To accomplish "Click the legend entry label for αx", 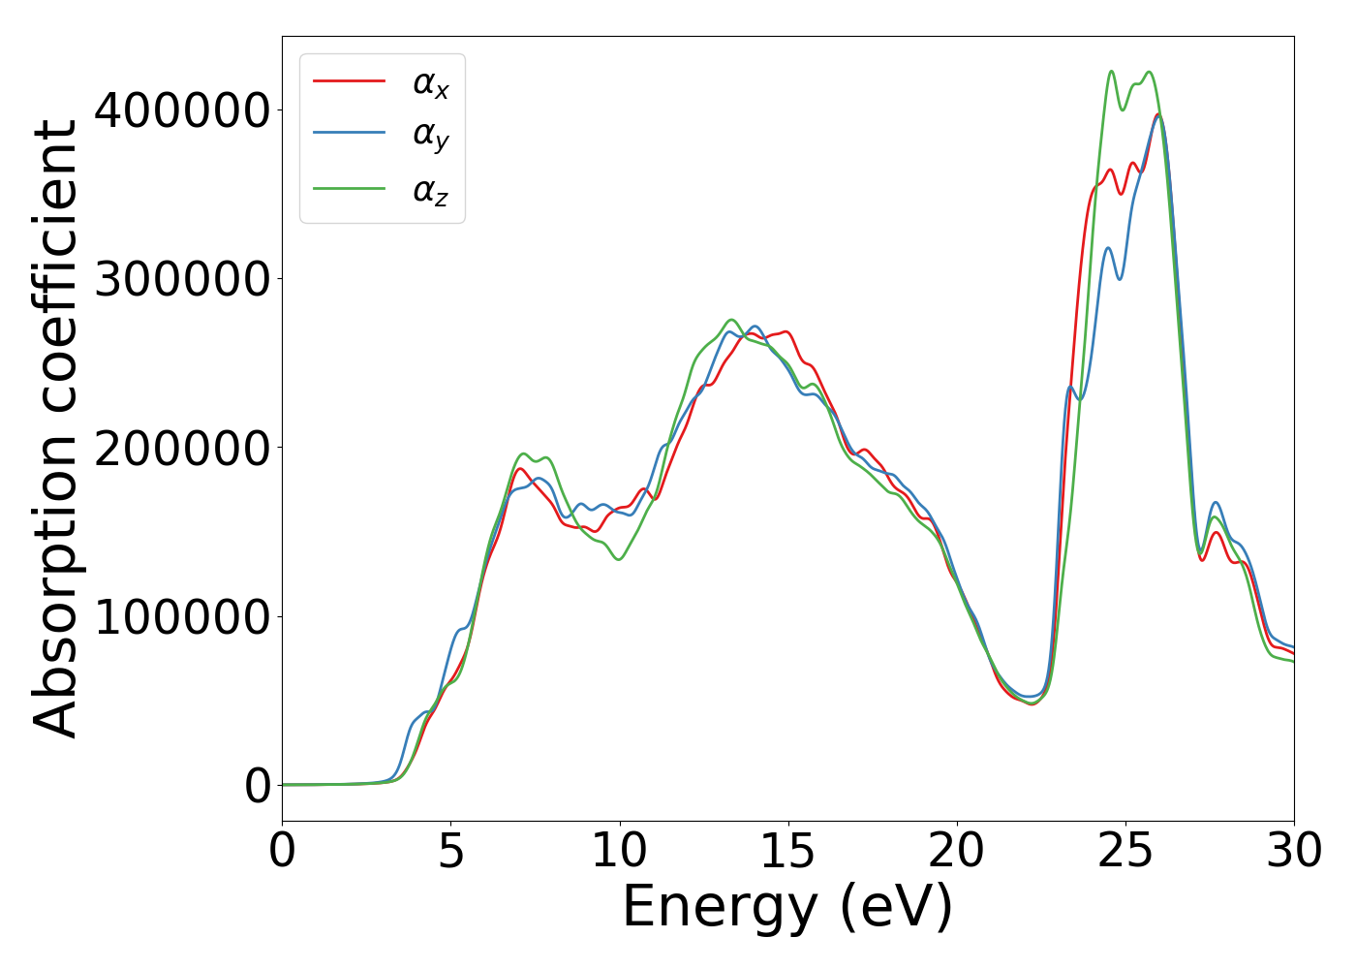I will [x=431, y=84].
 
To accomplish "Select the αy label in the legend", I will [x=431, y=136].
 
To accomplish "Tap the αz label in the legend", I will [x=431, y=191].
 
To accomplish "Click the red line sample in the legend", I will [x=349, y=81].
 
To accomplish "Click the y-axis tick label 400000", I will [x=181, y=110].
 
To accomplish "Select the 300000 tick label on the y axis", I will [x=181, y=279].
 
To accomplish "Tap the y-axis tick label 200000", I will [x=181, y=448].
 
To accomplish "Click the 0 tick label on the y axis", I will [x=257, y=786].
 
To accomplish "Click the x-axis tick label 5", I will [x=450, y=852].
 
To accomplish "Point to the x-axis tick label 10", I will [x=619, y=852].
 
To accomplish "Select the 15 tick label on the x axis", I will [x=787, y=852].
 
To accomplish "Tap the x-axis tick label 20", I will [x=956, y=852].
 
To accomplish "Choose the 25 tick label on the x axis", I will [x=1125, y=852].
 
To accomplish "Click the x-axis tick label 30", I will [x=1293, y=852].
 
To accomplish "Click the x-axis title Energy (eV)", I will [x=787, y=908].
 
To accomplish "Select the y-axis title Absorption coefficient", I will [x=55, y=428].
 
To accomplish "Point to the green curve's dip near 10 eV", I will [x=619, y=559].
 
